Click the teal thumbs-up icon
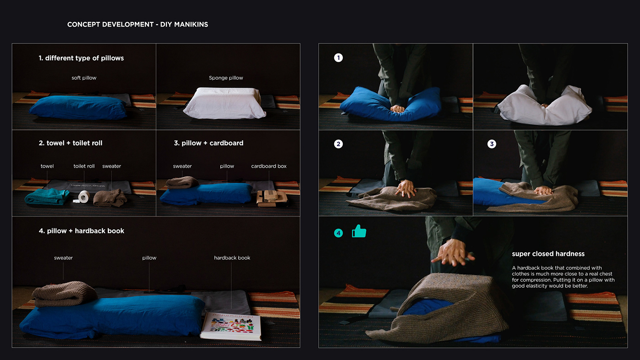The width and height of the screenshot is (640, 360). click(x=359, y=231)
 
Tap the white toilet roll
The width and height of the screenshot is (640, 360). click(x=83, y=196)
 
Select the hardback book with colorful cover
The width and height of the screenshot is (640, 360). click(x=231, y=326)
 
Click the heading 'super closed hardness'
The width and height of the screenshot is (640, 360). click(x=548, y=254)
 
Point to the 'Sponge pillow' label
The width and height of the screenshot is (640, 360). click(x=226, y=78)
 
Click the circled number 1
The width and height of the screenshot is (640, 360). click(x=338, y=58)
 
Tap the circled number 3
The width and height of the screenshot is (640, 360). click(x=491, y=144)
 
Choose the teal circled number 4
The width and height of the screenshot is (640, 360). click(x=338, y=233)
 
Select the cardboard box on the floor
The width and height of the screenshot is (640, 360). click(x=272, y=198)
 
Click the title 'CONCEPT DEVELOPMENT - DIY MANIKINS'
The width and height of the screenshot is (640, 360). click(x=138, y=24)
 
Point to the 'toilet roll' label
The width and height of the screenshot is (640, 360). click(x=84, y=166)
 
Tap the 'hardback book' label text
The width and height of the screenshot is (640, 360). click(x=232, y=258)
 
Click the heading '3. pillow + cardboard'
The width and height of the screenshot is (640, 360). click(x=208, y=143)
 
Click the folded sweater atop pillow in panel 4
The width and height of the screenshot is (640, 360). click(x=64, y=294)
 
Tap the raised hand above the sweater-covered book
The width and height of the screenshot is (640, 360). click(x=453, y=253)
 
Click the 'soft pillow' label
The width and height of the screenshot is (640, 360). click(x=84, y=78)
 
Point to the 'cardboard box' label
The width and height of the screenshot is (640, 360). click(x=269, y=166)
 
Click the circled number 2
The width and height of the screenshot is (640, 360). click(x=338, y=144)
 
